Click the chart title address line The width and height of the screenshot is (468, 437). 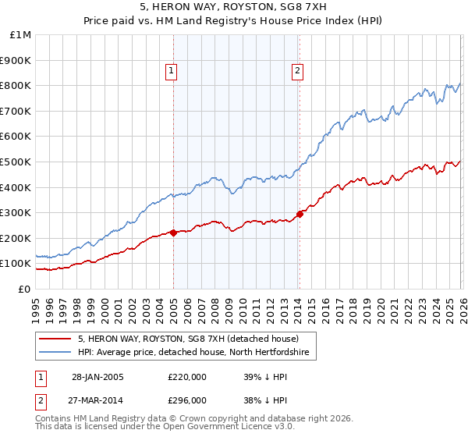coord(234,8)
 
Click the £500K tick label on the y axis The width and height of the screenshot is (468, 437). coord(17,162)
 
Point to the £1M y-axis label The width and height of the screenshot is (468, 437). coord(21,34)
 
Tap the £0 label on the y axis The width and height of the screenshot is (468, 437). coord(24,289)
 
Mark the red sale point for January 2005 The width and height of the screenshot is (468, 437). coord(173,233)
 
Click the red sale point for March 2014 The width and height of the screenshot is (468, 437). coord(300,213)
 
